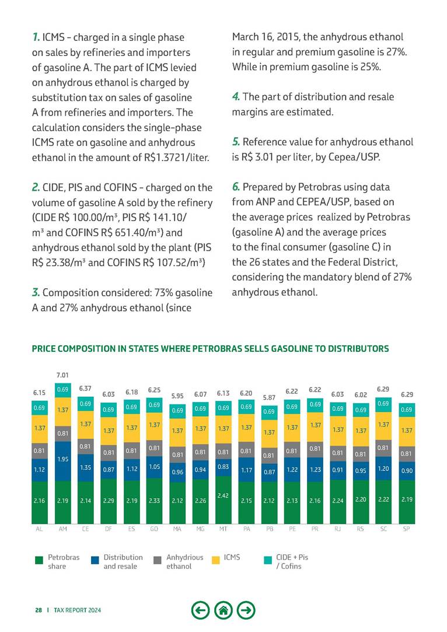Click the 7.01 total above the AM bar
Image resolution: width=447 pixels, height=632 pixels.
coord(62,374)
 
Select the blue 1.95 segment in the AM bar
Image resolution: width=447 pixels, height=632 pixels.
coord(62,459)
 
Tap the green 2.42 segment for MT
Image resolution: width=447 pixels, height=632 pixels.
coord(222,495)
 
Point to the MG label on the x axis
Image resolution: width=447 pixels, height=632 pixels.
coord(200,530)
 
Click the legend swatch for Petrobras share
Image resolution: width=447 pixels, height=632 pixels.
coord(39,561)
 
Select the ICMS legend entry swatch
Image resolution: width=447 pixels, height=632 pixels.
coord(215,561)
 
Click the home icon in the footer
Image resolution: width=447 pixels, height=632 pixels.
coord(222,610)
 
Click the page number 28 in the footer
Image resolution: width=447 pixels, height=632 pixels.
coord(38,610)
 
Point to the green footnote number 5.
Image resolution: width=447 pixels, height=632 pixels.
coord(236,142)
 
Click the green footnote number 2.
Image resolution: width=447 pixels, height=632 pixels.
coord(36,187)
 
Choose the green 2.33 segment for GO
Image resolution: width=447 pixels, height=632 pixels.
coord(155,500)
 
